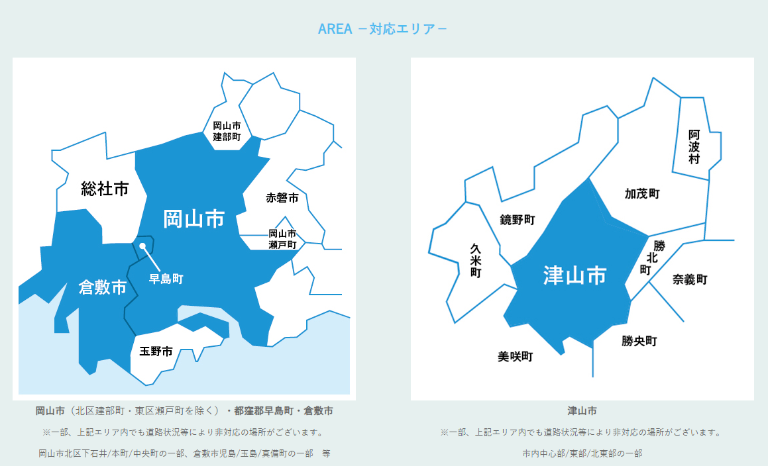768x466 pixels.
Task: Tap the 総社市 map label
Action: (105, 189)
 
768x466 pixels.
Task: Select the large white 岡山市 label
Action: (193, 218)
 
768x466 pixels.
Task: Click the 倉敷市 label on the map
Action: (103, 287)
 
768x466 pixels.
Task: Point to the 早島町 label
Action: (166, 279)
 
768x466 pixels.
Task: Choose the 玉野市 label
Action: (156, 351)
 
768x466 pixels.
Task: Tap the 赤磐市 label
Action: (282, 198)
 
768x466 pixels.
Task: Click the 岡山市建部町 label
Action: (227, 131)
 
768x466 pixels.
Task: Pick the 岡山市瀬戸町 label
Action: (282, 239)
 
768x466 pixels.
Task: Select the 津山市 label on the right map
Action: (575, 275)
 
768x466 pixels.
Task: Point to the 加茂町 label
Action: (642, 193)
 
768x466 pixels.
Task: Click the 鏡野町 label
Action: (518, 219)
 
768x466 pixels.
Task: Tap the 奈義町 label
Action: (690, 279)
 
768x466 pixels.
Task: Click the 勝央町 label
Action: (639, 342)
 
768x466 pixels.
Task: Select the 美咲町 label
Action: (516, 357)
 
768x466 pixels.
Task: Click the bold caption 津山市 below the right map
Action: (582, 411)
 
